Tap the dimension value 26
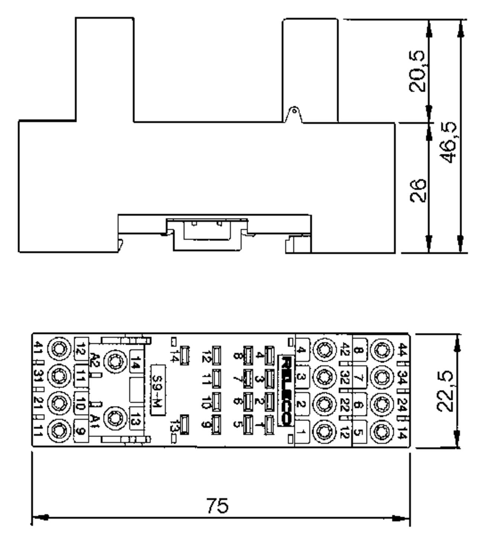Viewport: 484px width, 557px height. pyautogui.click(x=418, y=190)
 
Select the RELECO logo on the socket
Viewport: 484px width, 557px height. pyautogui.click(x=286, y=391)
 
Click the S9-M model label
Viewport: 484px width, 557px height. pyautogui.click(x=158, y=390)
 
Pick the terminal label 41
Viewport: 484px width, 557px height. pyautogui.click(x=38, y=349)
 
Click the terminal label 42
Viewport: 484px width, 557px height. pyautogui.click(x=345, y=350)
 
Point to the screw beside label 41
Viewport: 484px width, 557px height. pyautogui.click(x=59, y=349)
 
